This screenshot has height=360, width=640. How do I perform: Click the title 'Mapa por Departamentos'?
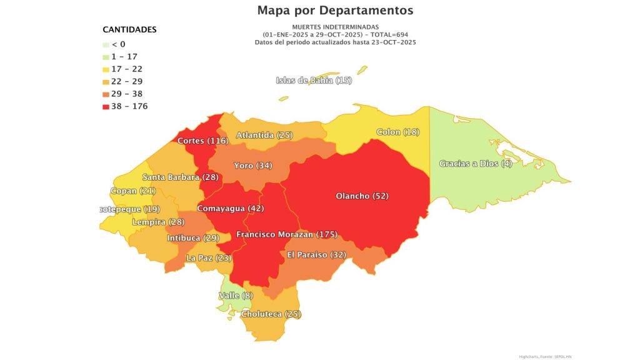(335, 11)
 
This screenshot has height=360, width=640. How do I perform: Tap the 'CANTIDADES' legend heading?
(129, 29)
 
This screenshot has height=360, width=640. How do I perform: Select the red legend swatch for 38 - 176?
(106, 106)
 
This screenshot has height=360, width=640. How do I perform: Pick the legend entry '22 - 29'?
(127, 81)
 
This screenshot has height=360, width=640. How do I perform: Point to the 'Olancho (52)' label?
(362, 196)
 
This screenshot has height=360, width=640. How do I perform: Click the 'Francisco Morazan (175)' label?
(287, 234)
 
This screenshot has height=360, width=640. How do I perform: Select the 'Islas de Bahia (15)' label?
(314, 80)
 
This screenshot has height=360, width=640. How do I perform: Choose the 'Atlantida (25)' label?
(264, 135)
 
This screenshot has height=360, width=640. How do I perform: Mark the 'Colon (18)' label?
(397, 132)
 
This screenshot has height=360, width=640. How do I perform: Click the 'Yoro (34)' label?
(252, 166)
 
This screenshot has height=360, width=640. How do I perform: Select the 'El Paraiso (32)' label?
(316, 254)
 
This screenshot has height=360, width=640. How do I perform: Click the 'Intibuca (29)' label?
(193, 238)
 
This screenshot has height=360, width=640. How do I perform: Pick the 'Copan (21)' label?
(132, 191)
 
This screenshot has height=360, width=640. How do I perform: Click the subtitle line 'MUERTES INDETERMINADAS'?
(336, 27)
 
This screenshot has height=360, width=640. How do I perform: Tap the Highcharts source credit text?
(545, 356)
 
